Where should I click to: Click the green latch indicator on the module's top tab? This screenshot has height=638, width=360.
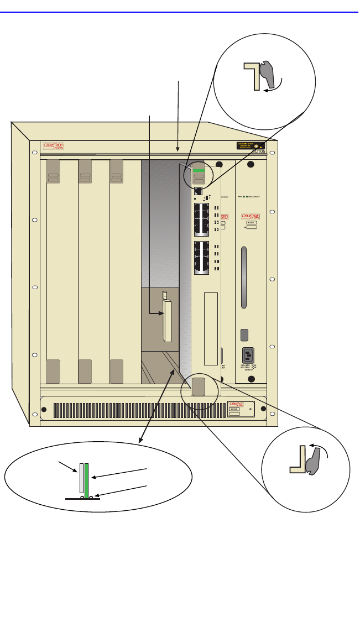[x=199, y=171]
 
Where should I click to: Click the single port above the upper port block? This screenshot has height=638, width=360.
[x=197, y=192]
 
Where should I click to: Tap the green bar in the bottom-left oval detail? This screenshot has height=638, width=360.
[x=86, y=478]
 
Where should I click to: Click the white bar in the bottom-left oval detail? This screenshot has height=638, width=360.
[x=81, y=478]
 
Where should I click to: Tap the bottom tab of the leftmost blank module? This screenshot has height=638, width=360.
[x=54, y=371]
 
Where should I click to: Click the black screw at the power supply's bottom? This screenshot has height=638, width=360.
[x=251, y=379]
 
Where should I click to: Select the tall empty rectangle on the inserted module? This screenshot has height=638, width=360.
[x=211, y=328]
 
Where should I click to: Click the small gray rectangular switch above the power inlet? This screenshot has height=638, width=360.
[x=245, y=334]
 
